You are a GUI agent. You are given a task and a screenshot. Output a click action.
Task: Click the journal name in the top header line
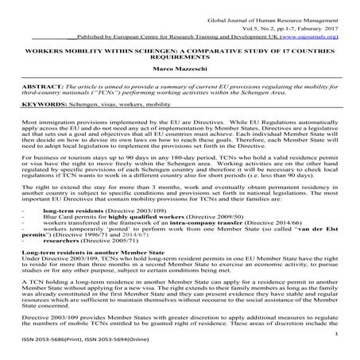[x=274, y=15]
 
